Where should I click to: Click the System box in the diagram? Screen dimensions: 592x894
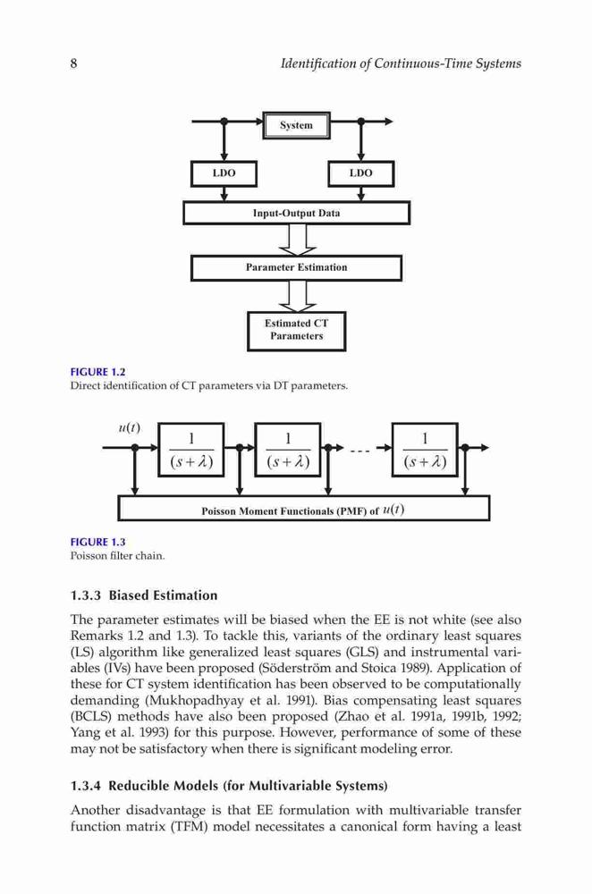tap(296, 125)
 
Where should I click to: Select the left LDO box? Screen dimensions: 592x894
tap(224, 173)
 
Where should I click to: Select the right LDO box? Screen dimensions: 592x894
tap(361, 173)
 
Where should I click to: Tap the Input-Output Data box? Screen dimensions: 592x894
tap(297, 214)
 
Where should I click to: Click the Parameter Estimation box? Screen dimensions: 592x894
tap(297, 267)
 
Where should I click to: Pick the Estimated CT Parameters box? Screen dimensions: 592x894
tap(297, 331)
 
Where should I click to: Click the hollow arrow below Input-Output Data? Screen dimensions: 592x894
tap(298, 240)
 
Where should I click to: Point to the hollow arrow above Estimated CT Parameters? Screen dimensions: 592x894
tap(298, 296)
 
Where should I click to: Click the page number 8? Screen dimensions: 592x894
tap(73, 63)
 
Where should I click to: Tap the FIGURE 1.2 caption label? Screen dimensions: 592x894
tap(97, 372)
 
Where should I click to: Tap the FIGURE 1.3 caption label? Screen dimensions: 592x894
tap(97, 542)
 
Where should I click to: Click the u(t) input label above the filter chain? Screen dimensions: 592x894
tap(130, 427)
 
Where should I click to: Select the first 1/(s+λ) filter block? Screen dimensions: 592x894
tap(191, 450)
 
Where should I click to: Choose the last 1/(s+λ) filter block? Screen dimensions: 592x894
tap(425, 450)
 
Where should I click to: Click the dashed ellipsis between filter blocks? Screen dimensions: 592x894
tap(359, 451)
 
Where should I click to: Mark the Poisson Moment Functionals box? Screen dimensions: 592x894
tap(303, 508)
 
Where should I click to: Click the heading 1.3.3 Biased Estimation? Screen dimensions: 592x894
tap(144, 595)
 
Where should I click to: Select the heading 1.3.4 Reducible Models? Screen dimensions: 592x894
tap(229, 786)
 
